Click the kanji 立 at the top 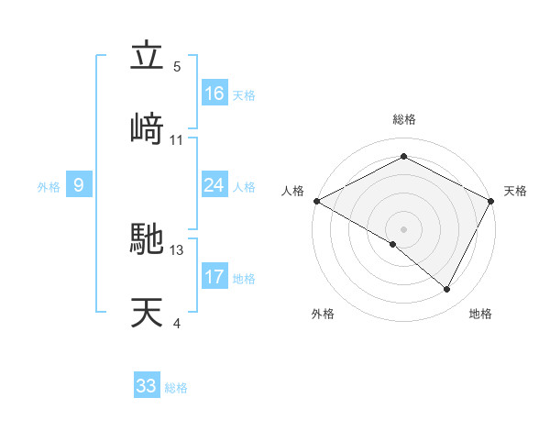coord(147,57)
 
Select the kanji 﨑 coord(147,128)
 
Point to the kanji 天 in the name coord(147,313)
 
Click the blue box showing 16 coord(214,94)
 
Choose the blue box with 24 coord(214,185)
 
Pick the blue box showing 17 coord(214,277)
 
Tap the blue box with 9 coord(79,185)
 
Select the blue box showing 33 coord(147,386)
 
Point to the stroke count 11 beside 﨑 coord(177,139)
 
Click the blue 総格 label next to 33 coord(176,388)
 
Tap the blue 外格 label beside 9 coord(49,187)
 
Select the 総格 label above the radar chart coord(404,119)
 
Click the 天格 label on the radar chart coord(515,191)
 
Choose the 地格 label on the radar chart coord(480,315)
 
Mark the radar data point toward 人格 coord(316,201)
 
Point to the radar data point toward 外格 coord(393,244)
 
